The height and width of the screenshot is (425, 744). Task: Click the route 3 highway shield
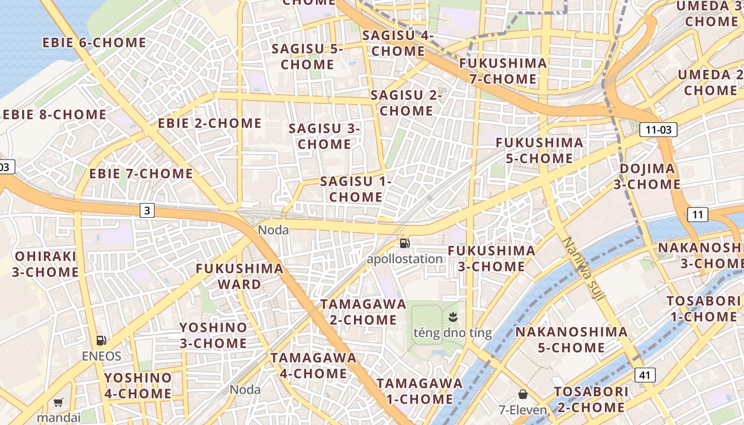pos(147,211)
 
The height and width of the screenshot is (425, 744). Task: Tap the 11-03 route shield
pos(658,130)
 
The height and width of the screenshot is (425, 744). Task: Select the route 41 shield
pos(645,375)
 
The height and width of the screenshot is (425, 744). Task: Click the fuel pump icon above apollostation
pos(405,243)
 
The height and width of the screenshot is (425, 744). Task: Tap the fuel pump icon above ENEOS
pos(101,341)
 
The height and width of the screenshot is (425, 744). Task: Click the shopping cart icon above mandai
pos(58,403)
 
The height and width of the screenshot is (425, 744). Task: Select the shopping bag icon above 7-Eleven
pos(523,394)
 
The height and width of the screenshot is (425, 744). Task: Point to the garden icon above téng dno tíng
pos(453,318)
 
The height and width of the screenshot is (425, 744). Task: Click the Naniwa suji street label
pos(583,269)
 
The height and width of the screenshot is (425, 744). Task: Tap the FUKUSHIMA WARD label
pos(240,276)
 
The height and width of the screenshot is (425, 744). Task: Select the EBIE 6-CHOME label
pos(94,43)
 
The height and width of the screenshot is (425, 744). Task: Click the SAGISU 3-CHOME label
pos(324,137)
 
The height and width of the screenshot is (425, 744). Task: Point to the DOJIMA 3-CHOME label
pos(647,177)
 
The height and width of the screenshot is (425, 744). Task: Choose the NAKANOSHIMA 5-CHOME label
pos(571,340)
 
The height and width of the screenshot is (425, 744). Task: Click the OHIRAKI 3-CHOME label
pos(46,264)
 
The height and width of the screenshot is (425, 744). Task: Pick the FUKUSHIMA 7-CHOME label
pos(503,71)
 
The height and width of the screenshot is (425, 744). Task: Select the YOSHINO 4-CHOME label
pos(138,386)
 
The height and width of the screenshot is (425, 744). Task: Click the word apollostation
pos(404,259)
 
